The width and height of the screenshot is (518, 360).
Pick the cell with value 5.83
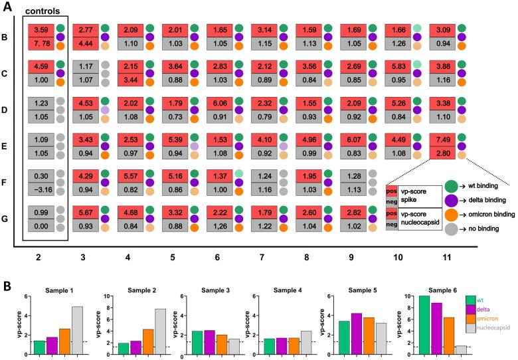coord(398,66)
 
